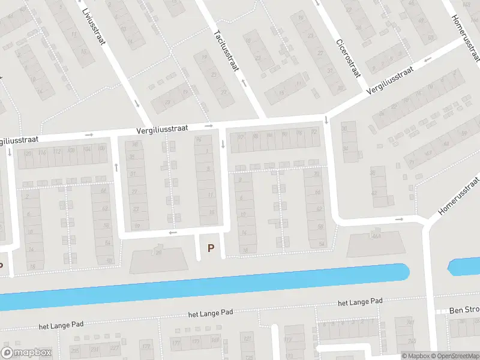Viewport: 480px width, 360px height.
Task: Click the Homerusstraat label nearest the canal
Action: [x=459, y=196]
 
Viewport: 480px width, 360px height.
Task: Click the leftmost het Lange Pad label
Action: [x=61, y=325]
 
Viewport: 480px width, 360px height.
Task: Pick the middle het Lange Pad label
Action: [x=210, y=313]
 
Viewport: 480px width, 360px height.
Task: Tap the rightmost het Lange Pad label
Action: [x=360, y=302]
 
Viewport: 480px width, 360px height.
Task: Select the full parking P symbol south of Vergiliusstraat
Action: [x=211, y=248]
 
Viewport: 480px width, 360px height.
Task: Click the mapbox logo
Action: [x=27, y=353]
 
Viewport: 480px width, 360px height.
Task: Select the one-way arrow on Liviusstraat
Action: [x=137, y=103]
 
